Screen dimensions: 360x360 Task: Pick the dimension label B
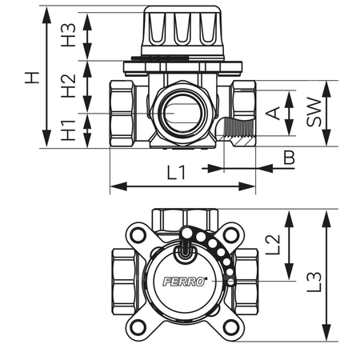click(288, 160)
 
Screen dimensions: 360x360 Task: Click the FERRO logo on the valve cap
click(185, 280)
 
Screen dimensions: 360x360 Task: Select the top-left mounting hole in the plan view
click(139, 235)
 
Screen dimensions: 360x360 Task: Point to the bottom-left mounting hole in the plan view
click(139, 326)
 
